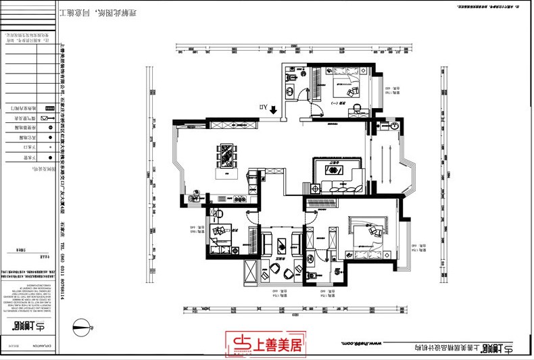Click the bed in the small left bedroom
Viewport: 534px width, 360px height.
pyautogui.click(x=221, y=232)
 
